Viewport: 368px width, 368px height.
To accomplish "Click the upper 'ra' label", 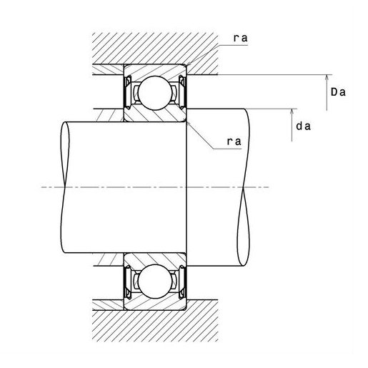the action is [x=240, y=39].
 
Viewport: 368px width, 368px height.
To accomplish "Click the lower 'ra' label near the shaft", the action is [x=234, y=141].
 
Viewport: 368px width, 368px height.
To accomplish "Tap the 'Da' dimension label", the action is [x=338, y=92].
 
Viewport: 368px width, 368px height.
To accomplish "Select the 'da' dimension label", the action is [x=303, y=126].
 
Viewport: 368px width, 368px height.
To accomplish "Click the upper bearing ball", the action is [x=155, y=93].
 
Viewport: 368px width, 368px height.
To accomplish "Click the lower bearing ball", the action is [x=155, y=281].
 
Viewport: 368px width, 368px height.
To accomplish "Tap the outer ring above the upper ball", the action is [x=155, y=70].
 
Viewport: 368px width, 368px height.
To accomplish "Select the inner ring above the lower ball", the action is [x=155, y=259].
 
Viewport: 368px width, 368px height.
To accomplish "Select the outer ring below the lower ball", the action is [x=155, y=304].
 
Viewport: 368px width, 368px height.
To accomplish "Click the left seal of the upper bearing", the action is [x=128, y=92].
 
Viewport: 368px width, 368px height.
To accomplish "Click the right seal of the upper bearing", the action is [x=182, y=92].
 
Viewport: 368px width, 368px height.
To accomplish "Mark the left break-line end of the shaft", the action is [x=65, y=187].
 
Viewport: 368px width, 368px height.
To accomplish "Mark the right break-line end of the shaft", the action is [x=244, y=187].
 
